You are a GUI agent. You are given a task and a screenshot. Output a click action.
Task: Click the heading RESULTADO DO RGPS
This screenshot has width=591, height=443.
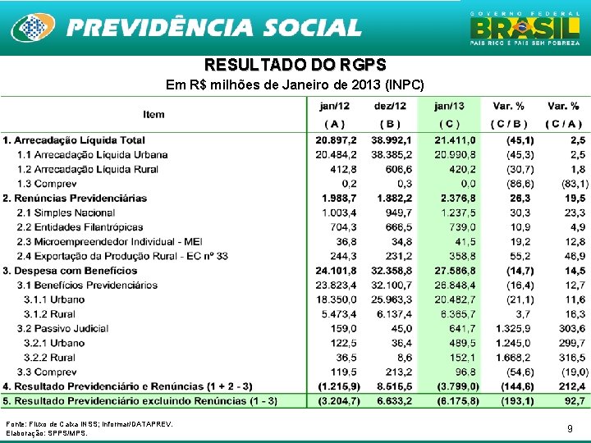tap(295, 65)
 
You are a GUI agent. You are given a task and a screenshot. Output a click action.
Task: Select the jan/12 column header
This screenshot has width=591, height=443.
tap(334, 107)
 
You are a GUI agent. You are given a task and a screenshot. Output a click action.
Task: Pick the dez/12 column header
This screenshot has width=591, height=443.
tap(389, 107)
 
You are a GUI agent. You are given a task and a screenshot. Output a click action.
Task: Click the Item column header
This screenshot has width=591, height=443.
tap(153, 115)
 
